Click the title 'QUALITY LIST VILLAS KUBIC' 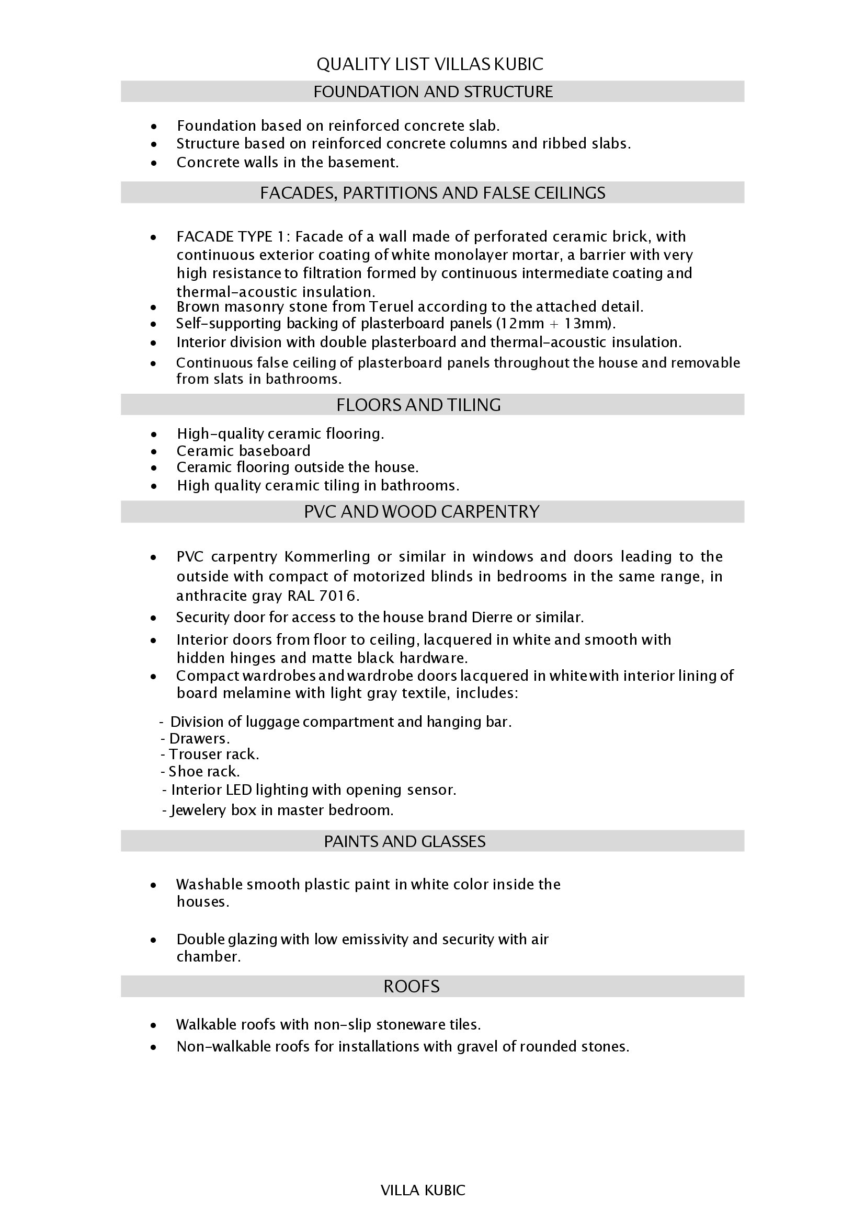(429, 64)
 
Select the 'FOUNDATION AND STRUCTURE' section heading (432, 92)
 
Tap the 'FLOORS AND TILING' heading (418, 405)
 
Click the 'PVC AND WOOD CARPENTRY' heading (422, 511)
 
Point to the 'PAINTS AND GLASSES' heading (405, 841)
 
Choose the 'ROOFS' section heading (411, 986)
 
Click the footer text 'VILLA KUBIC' (423, 1190)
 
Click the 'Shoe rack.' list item (203, 771)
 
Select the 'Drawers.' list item (199, 739)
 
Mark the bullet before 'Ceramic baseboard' (154, 452)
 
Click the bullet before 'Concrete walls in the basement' (154, 163)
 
